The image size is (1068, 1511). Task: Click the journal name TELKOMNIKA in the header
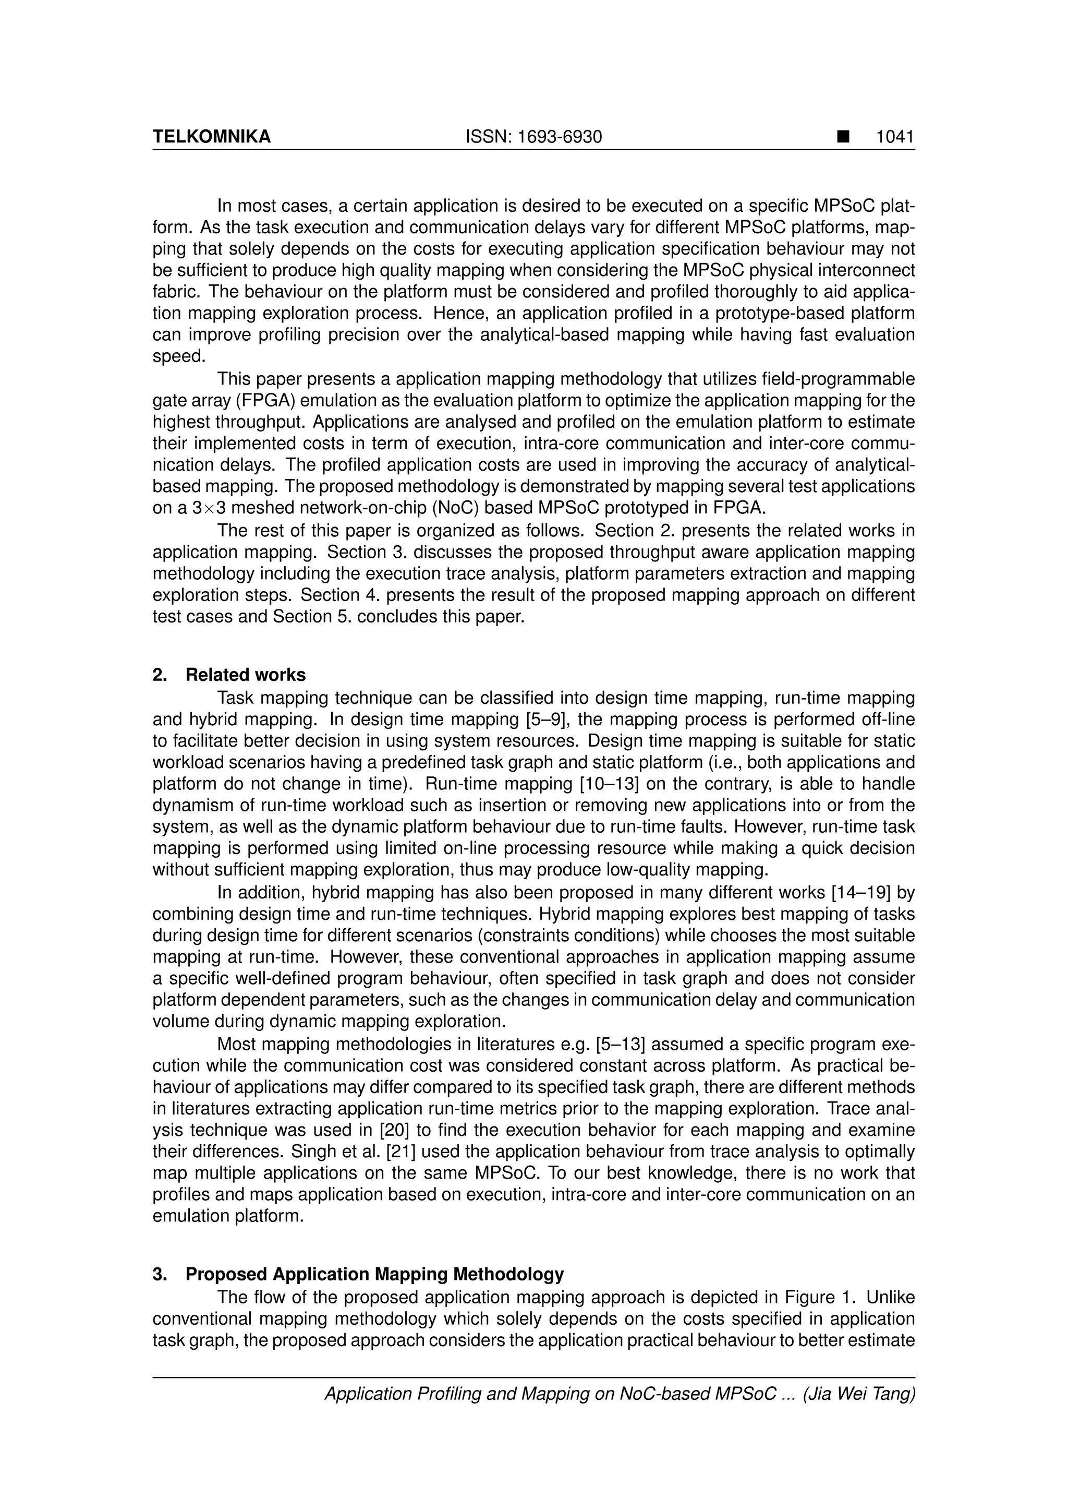click(211, 136)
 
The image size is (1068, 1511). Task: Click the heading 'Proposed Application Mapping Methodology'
click(374, 1274)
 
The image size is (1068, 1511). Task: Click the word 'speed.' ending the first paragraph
click(179, 356)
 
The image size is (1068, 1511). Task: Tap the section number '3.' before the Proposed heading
click(159, 1274)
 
